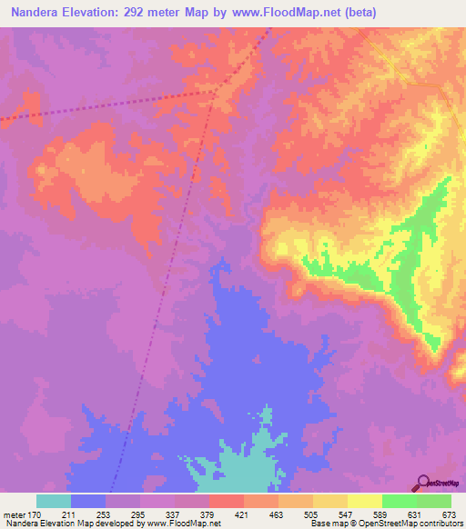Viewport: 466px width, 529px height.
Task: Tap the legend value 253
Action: (x=106, y=514)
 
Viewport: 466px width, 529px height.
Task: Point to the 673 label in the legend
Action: (x=449, y=514)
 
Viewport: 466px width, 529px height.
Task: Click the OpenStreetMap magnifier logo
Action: (x=424, y=483)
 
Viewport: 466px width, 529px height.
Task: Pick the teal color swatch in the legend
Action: (x=54, y=501)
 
